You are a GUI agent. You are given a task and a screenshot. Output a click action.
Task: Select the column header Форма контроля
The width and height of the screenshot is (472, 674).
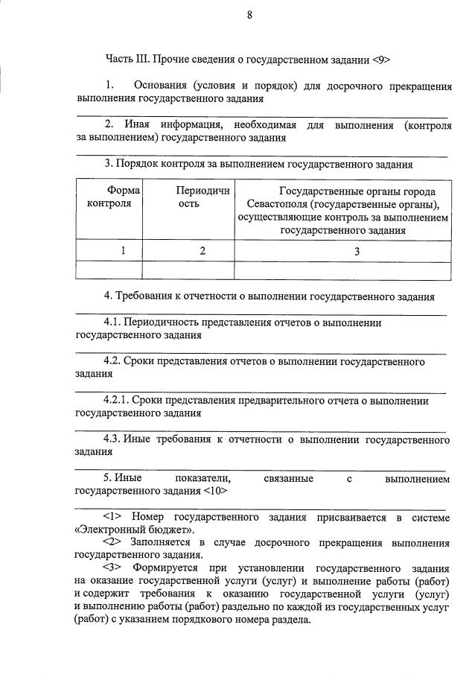109,197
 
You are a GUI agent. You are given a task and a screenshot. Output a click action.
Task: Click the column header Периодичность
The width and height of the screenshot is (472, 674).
188,197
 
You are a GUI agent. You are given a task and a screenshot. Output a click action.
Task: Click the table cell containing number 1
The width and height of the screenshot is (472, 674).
124,252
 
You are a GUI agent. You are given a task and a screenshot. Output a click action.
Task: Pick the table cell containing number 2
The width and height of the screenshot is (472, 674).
202,252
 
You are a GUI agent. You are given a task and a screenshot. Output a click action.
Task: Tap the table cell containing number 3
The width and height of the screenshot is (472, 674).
356,252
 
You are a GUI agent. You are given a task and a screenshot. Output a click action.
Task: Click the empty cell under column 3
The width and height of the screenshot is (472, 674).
342,270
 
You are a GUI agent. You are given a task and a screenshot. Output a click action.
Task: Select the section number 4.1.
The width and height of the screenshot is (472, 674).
112,322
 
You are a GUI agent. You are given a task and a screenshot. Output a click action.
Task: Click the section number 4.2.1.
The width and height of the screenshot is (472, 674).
116,401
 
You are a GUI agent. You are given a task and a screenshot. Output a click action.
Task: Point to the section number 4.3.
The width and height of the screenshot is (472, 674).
112,439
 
